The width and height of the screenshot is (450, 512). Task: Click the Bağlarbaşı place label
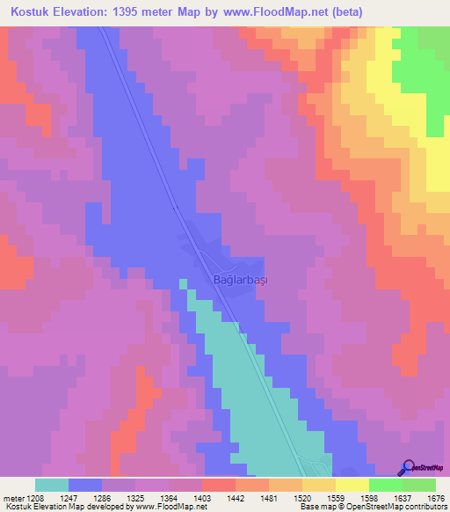pyautogui.click(x=240, y=279)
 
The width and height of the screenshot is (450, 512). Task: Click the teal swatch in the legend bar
pyautogui.click(x=52, y=485)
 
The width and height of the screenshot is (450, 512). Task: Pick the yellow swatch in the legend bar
pyautogui.click(x=352, y=485)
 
